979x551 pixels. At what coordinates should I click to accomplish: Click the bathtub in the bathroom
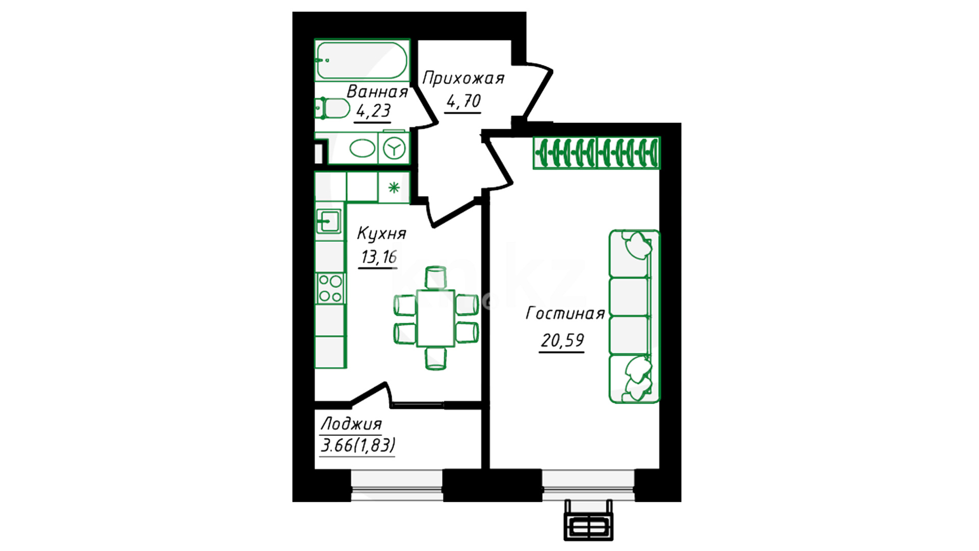pos(362,60)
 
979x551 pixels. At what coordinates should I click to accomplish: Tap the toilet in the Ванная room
pos(332,108)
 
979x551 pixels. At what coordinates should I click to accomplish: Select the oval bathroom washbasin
pos(362,148)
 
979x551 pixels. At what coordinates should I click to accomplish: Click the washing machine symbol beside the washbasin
pos(394,148)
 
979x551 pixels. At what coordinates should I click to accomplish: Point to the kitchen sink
pos(328,221)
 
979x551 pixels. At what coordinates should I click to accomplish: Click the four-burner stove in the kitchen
pos(330,288)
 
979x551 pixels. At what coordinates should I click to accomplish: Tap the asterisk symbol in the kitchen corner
pos(394,188)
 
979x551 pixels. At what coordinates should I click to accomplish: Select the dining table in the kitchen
pos(435,318)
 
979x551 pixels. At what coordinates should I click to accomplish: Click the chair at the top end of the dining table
pos(436,277)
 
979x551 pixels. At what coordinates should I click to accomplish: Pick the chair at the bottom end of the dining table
pos(436,358)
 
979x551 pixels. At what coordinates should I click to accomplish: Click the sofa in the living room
pos(634,316)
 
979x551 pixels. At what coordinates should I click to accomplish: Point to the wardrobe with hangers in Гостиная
pos(596,153)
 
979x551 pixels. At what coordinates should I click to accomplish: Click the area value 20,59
pos(562,340)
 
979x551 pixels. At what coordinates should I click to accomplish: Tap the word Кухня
pos(381,233)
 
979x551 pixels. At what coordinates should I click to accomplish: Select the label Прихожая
pos(463,78)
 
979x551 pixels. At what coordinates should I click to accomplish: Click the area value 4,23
pos(373,110)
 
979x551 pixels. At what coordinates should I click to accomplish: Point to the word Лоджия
pos(351,423)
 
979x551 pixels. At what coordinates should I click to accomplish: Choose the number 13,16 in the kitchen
pos(378,257)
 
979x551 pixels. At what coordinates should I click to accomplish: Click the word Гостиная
pos(565,313)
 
